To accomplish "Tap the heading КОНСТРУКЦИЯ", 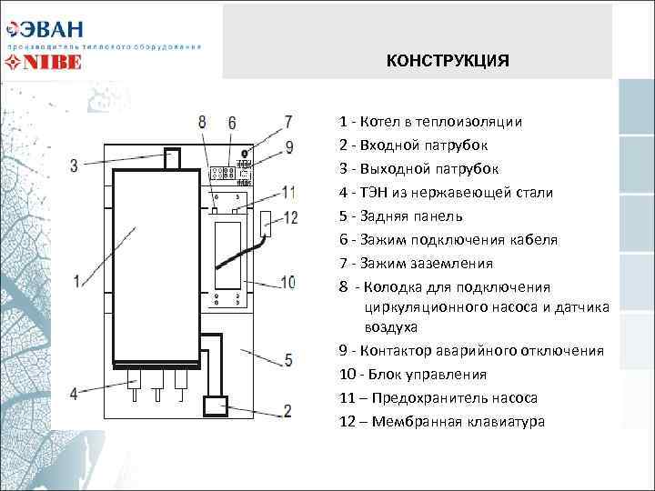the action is (x=448, y=61).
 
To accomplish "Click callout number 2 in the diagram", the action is (x=287, y=411).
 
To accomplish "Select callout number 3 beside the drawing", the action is (x=74, y=165).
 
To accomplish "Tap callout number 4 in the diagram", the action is (x=74, y=393).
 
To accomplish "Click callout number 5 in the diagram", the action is (x=287, y=360).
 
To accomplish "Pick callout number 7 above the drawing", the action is (x=288, y=122).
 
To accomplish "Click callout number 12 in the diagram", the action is (x=291, y=217).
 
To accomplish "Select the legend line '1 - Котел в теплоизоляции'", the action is (x=430, y=122).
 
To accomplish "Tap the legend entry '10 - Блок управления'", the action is (x=412, y=374).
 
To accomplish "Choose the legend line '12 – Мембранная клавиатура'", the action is (x=442, y=421).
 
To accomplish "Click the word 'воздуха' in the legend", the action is (x=391, y=326).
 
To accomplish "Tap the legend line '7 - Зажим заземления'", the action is (x=416, y=264).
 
